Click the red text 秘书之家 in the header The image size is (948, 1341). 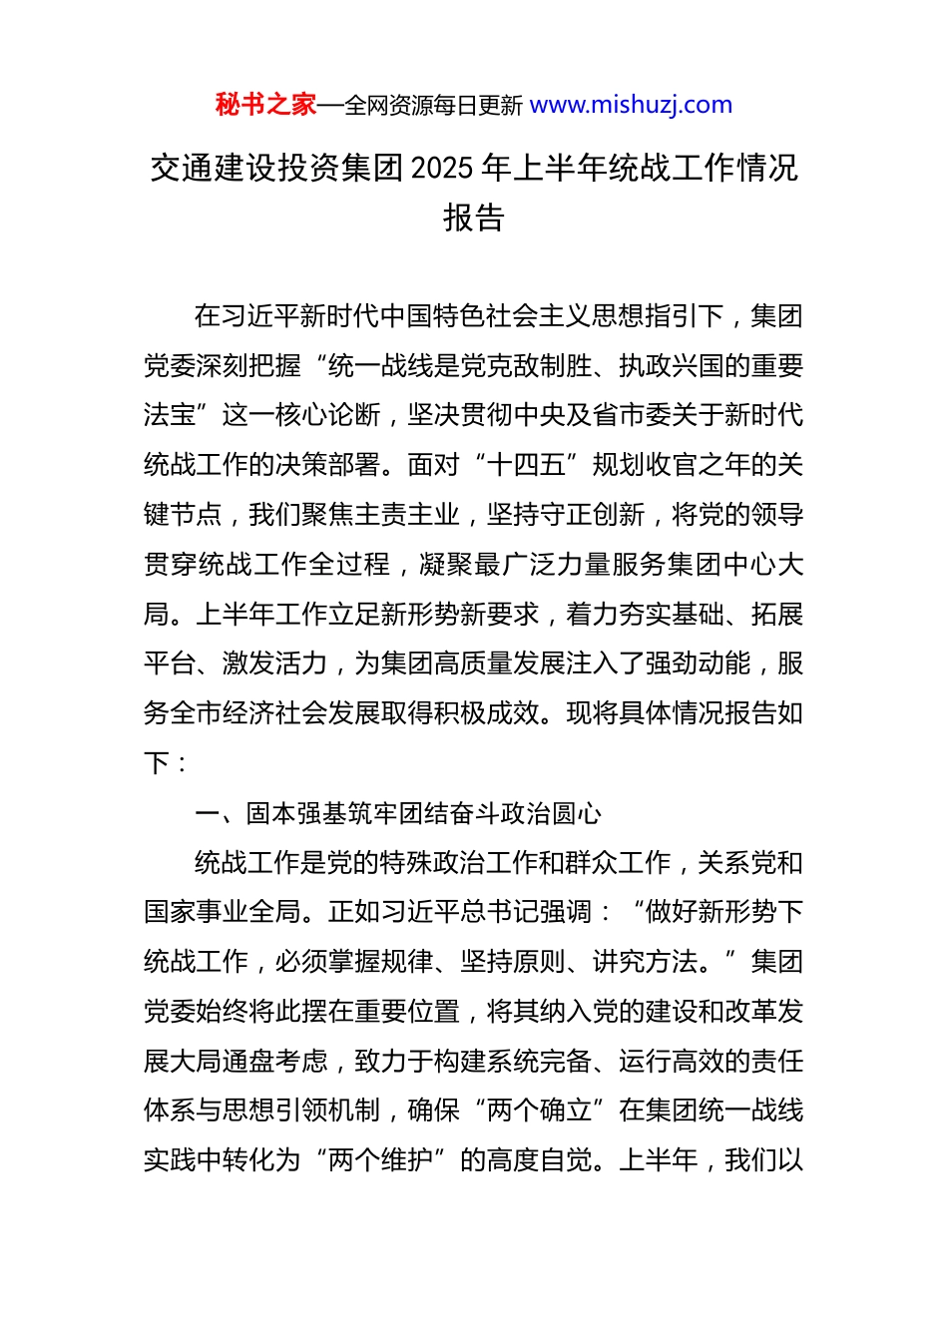coord(265,105)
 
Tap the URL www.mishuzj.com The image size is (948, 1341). coord(631,105)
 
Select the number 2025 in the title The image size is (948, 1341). coord(442,168)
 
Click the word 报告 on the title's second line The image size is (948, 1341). coord(474,218)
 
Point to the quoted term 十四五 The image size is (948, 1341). coord(526,465)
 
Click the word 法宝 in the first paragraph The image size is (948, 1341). coord(170,415)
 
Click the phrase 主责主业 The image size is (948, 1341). coord(407,515)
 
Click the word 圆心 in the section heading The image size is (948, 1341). coord(577,814)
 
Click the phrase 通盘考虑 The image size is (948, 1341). coord(275,1062)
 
